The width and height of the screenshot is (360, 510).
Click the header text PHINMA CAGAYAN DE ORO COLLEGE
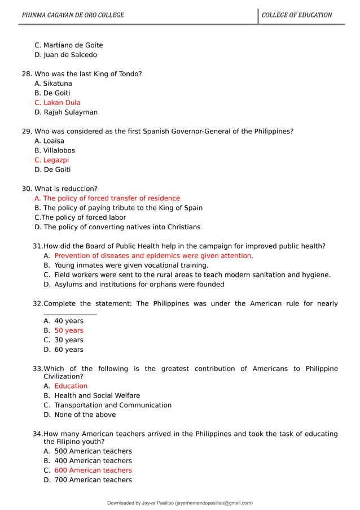click(72, 15)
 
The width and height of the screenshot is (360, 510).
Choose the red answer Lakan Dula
click(58, 103)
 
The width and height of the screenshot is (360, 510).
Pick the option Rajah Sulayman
click(66, 112)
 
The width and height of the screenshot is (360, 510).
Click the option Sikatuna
click(53, 84)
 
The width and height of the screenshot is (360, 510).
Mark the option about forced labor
click(80, 217)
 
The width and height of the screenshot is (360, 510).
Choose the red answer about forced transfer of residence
click(107, 198)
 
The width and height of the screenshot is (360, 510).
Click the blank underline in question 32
click(70, 313)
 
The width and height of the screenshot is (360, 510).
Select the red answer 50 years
click(69, 330)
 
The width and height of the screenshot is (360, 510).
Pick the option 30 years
click(69, 340)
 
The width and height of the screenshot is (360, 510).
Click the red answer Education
click(71, 386)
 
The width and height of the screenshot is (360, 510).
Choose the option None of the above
click(85, 415)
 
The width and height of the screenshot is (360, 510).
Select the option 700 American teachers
click(93, 480)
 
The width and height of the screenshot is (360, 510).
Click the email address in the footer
click(213, 503)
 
